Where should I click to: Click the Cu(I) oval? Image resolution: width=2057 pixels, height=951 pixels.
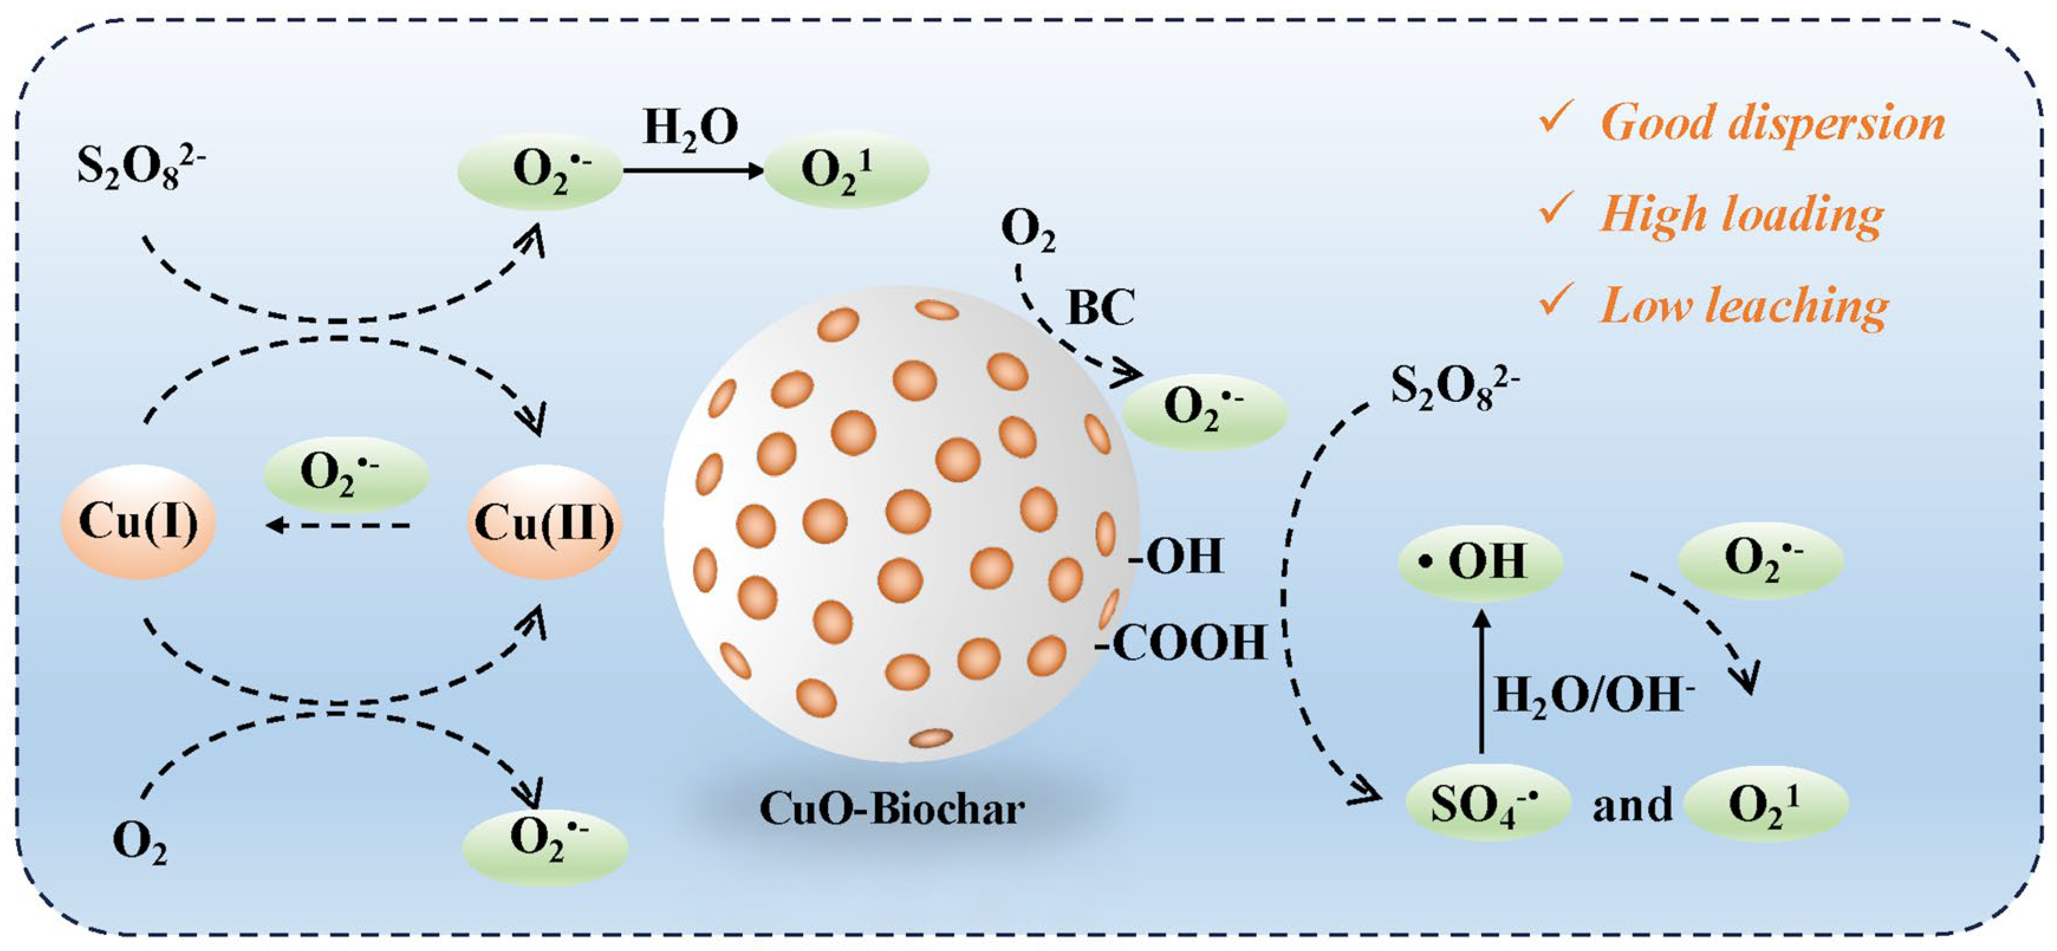pyautogui.click(x=138, y=523)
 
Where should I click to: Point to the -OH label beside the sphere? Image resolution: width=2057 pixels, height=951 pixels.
pyautogui.click(x=1175, y=557)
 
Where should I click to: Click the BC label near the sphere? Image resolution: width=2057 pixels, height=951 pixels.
pyautogui.click(x=1100, y=307)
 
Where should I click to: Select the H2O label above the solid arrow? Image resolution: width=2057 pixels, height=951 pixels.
pyautogui.click(x=691, y=128)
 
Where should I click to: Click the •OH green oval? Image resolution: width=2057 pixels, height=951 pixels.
pyautogui.click(x=1480, y=561)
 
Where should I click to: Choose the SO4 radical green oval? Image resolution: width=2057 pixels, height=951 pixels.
pyautogui.click(x=1487, y=804)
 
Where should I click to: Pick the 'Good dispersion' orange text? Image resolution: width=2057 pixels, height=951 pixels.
pyautogui.click(x=1773, y=124)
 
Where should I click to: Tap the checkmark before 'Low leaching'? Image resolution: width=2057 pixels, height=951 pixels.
pyautogui.click(x=1555, y=302)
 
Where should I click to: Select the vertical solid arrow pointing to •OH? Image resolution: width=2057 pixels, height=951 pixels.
pyautogui.click(x=1482, y=683)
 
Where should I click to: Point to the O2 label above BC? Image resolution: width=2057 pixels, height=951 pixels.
pyautogui.click(x=1028, y=232)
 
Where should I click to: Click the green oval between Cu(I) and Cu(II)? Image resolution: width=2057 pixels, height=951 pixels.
pyautogui.click(x=346, y=473)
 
